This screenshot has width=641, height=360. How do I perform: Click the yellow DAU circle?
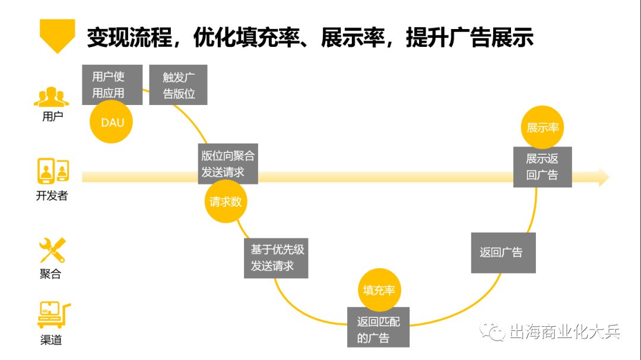111,123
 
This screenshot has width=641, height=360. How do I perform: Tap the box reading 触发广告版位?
178,85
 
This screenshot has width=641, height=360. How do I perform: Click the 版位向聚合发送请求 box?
227,164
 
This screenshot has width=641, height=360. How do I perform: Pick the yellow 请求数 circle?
226,202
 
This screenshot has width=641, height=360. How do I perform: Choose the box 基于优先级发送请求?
276,257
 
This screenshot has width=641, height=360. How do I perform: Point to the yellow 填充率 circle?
379,290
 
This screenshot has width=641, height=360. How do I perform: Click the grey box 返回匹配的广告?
379,329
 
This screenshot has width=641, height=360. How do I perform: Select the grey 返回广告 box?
503,253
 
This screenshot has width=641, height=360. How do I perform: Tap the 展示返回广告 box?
542,167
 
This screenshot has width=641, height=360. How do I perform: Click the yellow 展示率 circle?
542,128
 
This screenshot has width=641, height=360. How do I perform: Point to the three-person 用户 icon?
52,97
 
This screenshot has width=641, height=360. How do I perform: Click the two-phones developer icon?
52,171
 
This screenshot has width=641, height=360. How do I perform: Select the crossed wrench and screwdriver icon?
52,250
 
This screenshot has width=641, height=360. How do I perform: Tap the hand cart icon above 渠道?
52,315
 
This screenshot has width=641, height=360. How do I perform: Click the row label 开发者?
52,196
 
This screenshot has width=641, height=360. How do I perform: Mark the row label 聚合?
51,274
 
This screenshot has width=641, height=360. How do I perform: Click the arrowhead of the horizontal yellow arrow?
604,177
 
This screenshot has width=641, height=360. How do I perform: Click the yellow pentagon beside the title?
57,35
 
